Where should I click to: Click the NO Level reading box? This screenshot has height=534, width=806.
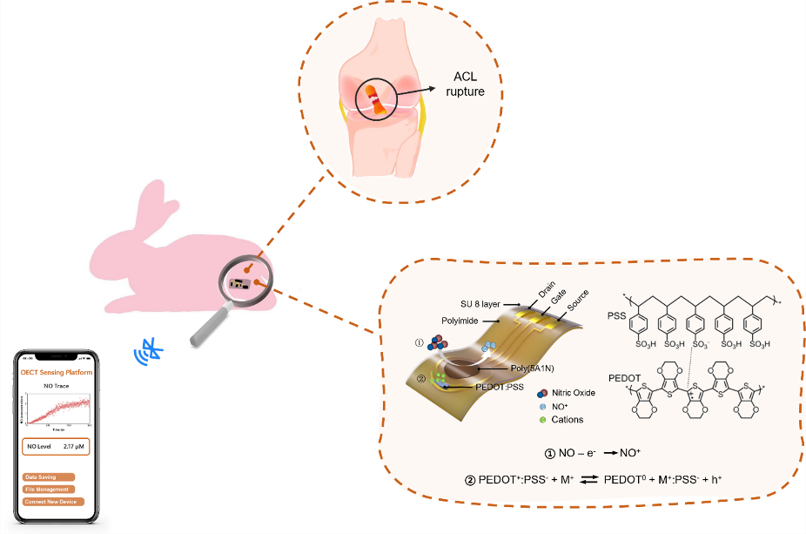pyautogui.click(x=56, y=446)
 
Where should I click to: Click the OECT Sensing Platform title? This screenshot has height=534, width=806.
pyautogui.click(x=57, y=373)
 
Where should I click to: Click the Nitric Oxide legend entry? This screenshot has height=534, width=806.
pyautogui.click(x=571, y=392)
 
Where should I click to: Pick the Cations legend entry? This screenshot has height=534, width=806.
pyautogui.click(x=567, y=419)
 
